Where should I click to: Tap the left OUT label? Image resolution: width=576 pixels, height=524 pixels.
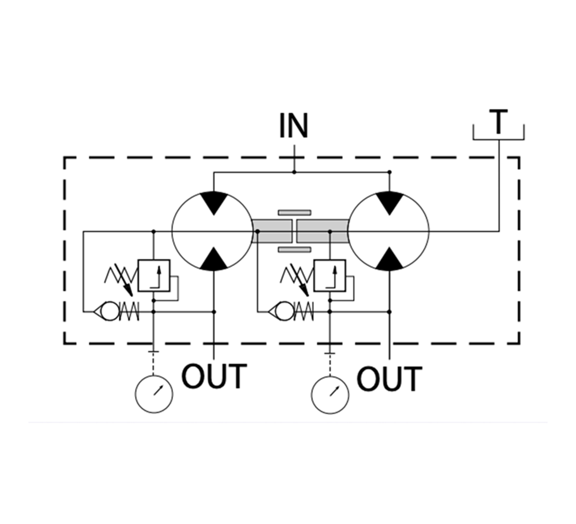tap(214, 376)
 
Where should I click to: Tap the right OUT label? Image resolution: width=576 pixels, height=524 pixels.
tap(389, 379)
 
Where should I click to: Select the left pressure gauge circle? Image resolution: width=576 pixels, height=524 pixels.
tap(154, 394)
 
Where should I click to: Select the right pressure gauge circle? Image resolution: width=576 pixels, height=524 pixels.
tap(330, 395)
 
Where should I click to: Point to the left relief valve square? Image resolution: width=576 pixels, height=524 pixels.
tap(154, 275)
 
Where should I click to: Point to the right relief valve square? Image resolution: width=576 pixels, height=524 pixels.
tap(329, 275)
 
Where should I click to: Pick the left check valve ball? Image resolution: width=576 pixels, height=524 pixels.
tap(110, 311)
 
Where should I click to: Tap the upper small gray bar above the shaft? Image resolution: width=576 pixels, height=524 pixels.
tap(295, 212)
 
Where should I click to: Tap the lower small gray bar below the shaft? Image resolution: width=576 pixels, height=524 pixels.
tap(295, 250)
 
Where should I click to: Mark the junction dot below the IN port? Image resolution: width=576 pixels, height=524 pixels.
tap(294, 172)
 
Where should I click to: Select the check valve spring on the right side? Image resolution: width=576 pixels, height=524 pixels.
tap(304, 311)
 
